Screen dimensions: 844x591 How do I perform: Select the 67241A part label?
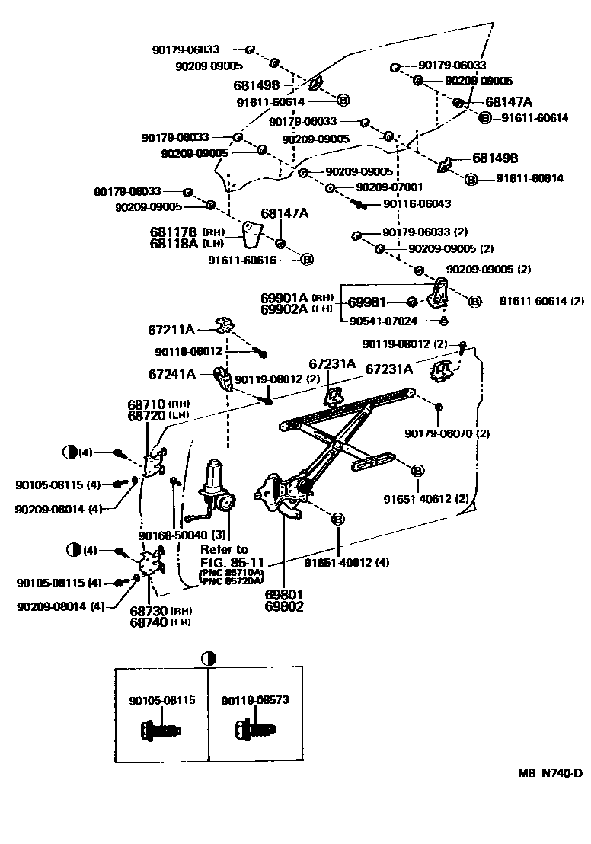[171, 374]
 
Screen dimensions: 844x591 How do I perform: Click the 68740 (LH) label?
[159, 622]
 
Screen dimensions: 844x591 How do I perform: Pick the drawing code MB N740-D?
[550, 773]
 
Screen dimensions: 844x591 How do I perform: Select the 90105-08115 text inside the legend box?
[161, 699]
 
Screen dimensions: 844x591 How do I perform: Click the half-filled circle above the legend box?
[208, 658]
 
